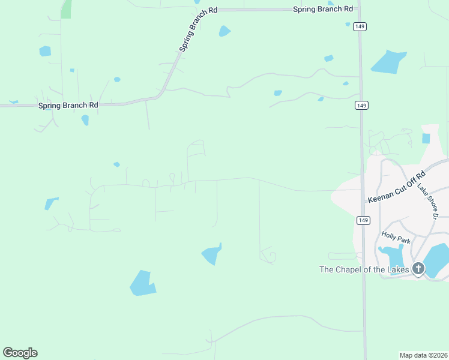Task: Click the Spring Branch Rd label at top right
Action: [x=323, y=9]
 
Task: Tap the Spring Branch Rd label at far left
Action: [x=68, y=105]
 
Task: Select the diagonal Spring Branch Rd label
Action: [x=198, y=29]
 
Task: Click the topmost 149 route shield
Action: [x=360, y=26]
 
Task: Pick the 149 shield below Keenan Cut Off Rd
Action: [x=363, y=220]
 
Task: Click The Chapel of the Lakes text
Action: [x=364, y=269]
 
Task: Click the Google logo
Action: [x=20, y=353]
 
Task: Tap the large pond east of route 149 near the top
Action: [x=388, y=62]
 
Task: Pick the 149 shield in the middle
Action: [x=361, y=106]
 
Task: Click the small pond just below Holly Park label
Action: [x=394, y=257]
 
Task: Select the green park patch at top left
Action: [x=66, y=8]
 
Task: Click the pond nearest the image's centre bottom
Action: [x=212, y=254]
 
